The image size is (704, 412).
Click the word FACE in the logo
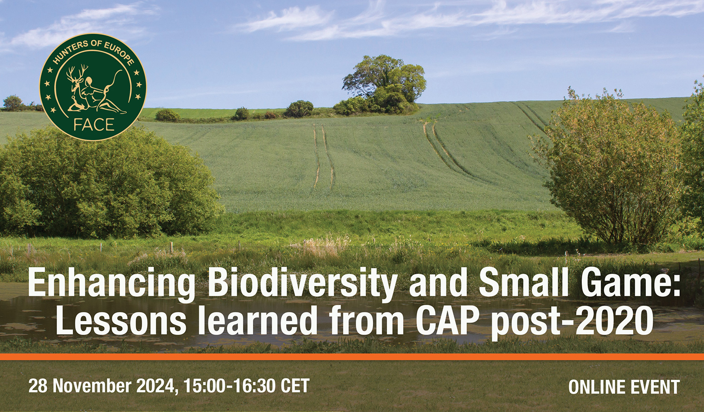coord(94,125)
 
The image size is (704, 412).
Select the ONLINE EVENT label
coord(624,387)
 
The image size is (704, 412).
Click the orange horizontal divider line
coord(352,357)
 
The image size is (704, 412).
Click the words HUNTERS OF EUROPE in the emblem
coord(94,54)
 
